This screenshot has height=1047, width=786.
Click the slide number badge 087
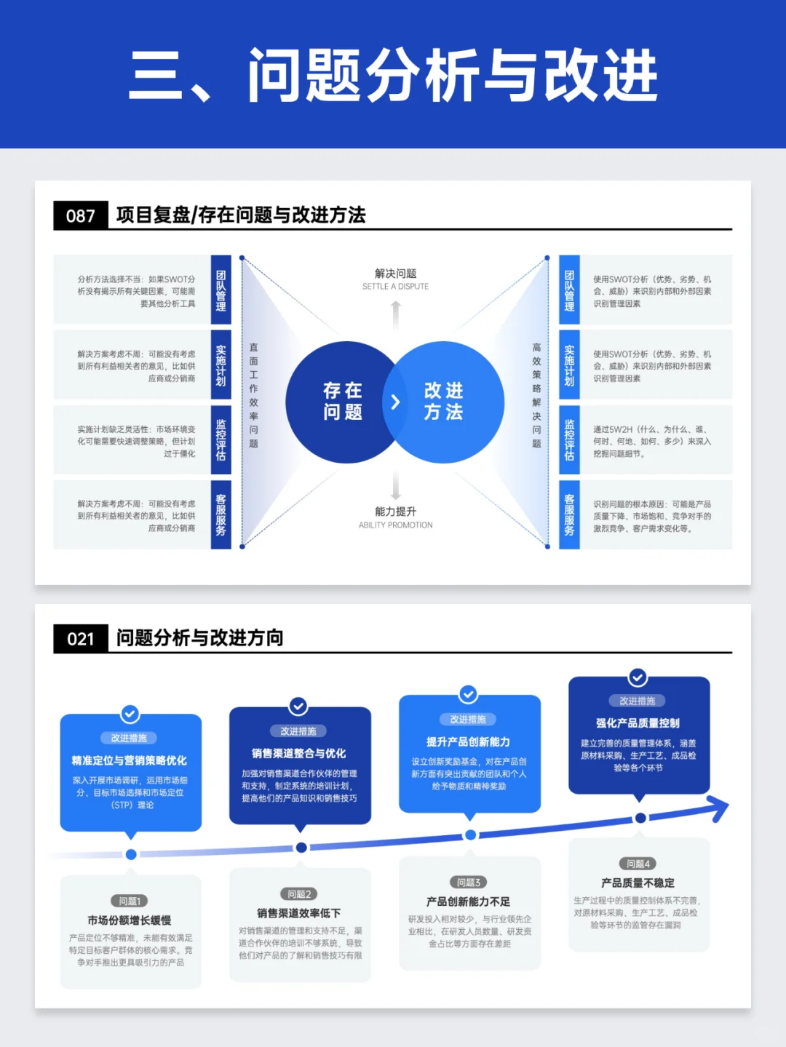point(81,216)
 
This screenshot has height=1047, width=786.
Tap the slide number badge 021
point(81,639)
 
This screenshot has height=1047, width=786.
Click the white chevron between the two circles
point(395,402)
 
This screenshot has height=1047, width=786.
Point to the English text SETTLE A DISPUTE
point(395,287)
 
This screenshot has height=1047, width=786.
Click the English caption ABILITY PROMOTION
point(395,525)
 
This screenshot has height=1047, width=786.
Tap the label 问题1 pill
point(130,901)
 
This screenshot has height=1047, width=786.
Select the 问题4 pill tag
point(638,864)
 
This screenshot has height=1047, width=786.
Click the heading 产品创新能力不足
point(468,901)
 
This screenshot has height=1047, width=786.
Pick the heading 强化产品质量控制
point(638,723)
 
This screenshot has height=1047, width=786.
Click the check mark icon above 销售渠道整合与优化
point(298,706)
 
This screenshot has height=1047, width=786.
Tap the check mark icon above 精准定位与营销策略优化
point(130,713)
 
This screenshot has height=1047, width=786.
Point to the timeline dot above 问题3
point(470,835)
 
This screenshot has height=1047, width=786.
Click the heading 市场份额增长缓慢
point(130,920)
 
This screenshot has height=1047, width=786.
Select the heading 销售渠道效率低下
point(298,913)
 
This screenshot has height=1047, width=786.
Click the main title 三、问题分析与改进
point(393,75)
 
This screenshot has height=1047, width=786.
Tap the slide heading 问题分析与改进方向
point(199,638)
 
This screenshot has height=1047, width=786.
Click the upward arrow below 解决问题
point(396,314)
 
